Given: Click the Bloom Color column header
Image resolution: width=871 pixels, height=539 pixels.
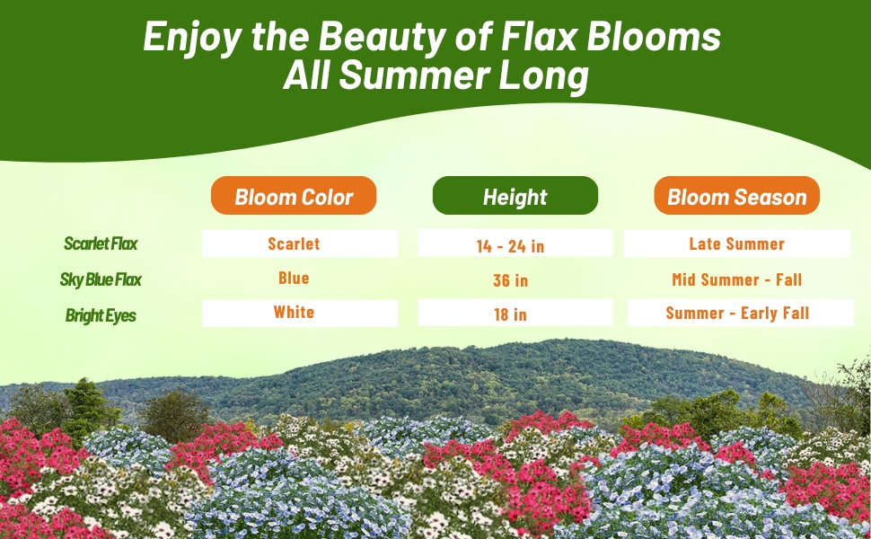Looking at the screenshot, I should [294, 197].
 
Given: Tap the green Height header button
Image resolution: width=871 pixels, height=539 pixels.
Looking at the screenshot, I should [515, 197].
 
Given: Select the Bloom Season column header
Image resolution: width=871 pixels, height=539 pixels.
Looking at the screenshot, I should [736, 197].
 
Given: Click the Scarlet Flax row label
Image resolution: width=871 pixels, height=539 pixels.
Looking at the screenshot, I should [101, 243].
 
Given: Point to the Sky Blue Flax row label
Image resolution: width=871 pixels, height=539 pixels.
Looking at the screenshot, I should [101, 279].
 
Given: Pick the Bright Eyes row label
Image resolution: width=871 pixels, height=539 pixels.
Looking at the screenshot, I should [101, 315].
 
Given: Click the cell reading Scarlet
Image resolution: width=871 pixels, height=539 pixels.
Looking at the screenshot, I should [294, 243].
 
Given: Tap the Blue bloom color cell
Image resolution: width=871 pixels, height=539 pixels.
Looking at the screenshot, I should [294, 278].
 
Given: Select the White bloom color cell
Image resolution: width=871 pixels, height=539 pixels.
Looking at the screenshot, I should [294, 313].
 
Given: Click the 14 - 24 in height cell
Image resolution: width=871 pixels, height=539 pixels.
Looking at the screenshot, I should [510, 245].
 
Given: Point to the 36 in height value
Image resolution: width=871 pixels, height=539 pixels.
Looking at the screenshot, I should [510, 280].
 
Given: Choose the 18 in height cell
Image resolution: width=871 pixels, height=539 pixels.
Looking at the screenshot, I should [510, 314].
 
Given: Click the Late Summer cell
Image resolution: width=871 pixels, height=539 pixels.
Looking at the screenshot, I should [736, 243].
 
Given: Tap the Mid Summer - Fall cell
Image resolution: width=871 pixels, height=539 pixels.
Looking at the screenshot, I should [736, 279].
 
